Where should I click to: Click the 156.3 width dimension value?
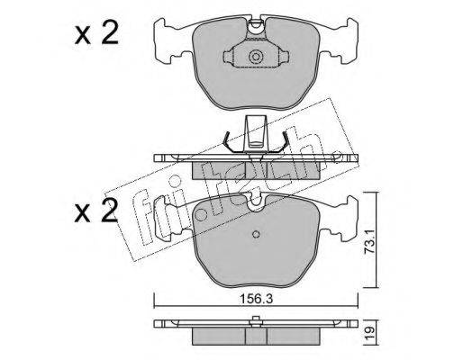pyautogui.click(x=256, y=299)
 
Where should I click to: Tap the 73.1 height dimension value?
pyautogui.click(x=369, y=242)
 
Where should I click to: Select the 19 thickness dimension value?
pyautogui.click(x=369, y=331)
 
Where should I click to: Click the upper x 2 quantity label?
pyautogui.click(x=96, y=34)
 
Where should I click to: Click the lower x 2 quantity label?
pyautogui.click(x=96, y=211)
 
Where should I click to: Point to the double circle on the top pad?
pyautogui.click(x=256, y=57)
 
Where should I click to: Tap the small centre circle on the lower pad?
pyautogui.click(x=256, y=234)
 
